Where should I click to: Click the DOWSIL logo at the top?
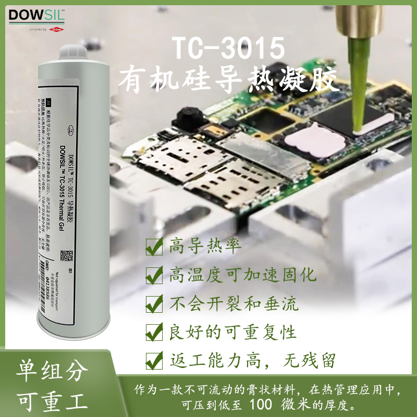coord(36,15)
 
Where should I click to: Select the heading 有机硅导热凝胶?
coord(229,82)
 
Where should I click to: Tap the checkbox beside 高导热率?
coord(154,247)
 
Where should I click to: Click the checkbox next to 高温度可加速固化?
coord(154,275)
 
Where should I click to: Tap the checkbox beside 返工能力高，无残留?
coord(154,360)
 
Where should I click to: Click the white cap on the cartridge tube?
coord(72,52)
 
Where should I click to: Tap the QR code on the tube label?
coord(66,257)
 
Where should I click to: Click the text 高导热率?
coord(199,246)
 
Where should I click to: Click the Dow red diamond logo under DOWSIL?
coord(55,30)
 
